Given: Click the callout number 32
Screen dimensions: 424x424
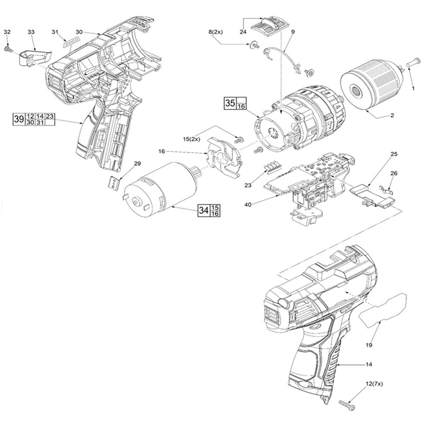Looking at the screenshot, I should (x=7, y=32).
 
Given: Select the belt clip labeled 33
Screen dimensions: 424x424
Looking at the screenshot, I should (x=33, y=57).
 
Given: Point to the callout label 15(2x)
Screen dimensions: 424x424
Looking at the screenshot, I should (x=191, y=139).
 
